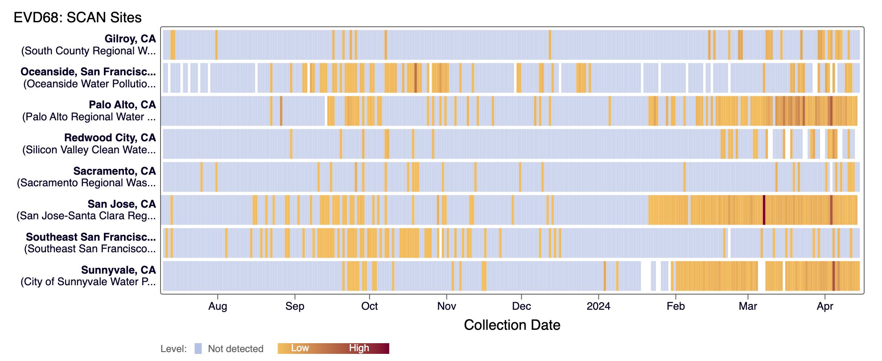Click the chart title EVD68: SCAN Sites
point(78,17)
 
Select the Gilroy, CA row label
point(130,39)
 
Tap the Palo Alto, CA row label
point(122,105)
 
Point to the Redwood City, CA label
point(110,138)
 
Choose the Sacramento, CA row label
point(115,171)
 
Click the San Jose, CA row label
point(121,204)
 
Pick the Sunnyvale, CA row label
point(118,270)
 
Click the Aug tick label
point(218,306)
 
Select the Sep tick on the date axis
point(295,306)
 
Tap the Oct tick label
point(369,306)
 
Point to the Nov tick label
point(446,306)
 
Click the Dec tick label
point(521,306)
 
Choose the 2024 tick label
point(598,306)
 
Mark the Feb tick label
point(676,306)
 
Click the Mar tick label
point(748,306)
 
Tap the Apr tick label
point(825,306)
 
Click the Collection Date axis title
point(512,325)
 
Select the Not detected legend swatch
point(198,349)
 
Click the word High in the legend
point(359,348)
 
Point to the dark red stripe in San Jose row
point(764,210)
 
